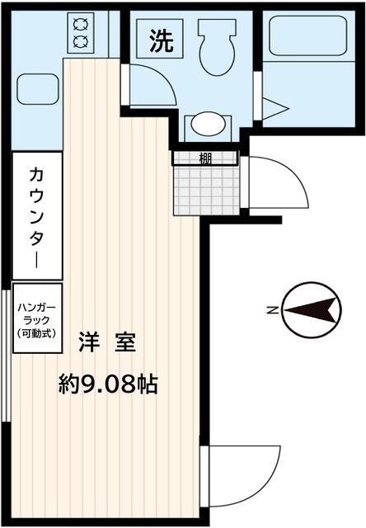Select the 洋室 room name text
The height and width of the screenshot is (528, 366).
[107, 342]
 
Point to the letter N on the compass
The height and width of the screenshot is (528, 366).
[271, 310]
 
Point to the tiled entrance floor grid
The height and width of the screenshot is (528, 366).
[208, 189]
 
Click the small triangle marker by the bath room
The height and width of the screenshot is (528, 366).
[275, 108]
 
